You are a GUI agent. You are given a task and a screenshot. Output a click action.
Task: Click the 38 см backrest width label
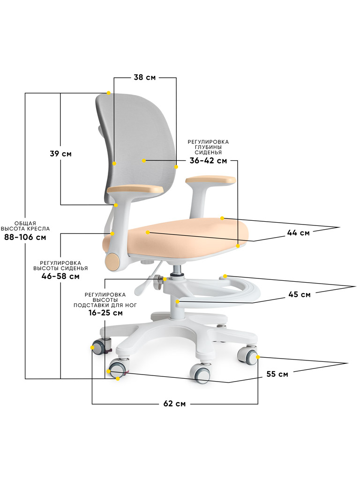tap(144, 77)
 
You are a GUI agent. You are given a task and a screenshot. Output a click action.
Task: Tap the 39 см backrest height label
tap(60, 153)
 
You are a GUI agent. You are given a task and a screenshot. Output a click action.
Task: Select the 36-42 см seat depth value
tap(208, 161)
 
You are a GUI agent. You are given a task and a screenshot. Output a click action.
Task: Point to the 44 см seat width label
tap(298, 233)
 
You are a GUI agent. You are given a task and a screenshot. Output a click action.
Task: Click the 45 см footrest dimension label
tap(300, 294)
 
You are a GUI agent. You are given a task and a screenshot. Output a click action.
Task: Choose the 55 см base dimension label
tap(277, 374)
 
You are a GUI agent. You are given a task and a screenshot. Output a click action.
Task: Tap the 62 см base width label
tap(174, 404)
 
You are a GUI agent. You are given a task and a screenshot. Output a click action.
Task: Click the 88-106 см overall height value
tap(25, 237)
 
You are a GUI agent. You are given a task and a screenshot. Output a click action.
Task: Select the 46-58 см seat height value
tap(60, 277)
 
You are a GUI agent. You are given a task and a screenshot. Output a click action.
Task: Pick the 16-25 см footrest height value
tap(105, 313)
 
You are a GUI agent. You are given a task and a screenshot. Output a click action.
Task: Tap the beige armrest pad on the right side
tap(210, 180)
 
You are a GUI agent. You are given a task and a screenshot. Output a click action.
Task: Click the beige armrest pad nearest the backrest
tap(135, 189)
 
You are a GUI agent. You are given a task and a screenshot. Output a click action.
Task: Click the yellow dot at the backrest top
tap(108, 93)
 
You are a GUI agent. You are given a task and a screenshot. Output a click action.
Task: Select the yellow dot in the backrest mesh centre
tap(144, 160)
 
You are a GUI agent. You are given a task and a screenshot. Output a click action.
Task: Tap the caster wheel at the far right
tap(247, 356)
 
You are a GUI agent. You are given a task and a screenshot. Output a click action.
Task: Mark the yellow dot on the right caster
tap(258, 357)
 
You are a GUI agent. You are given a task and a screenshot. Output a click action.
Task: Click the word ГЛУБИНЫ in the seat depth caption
tap(208, 147)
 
